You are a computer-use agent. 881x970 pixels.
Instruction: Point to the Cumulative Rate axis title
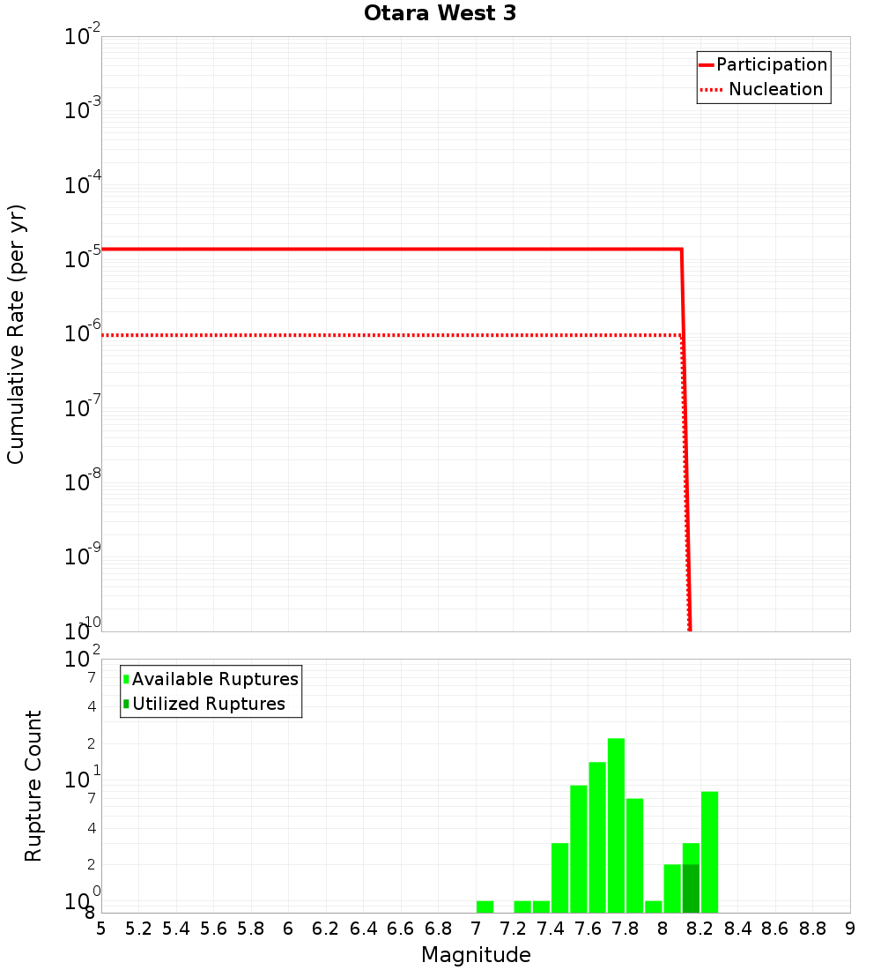[x=16, y=334]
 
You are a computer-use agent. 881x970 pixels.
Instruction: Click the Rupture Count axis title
[x=33, y=786]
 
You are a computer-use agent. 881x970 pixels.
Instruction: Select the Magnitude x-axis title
[x=476, y=955]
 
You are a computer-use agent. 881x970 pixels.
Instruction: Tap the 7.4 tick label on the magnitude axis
[x=551, y=929]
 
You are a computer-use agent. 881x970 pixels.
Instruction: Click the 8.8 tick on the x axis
[x=813, y=929]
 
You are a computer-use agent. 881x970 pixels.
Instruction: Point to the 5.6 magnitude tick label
[x=213, y=929]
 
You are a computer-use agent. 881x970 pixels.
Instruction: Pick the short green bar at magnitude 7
[x=485, y=907]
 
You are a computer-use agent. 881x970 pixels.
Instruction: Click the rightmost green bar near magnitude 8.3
[x=709, y=852]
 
